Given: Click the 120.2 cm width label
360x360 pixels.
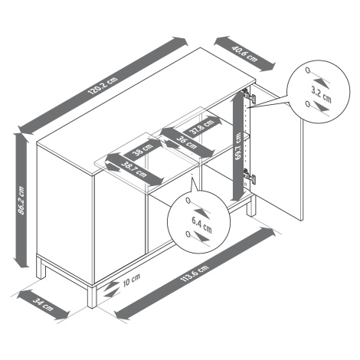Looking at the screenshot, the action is click(x=103, y=85).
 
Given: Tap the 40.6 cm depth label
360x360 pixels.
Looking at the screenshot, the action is click(x=244, y=54).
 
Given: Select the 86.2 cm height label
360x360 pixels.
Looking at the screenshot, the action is click(x=21, y=201).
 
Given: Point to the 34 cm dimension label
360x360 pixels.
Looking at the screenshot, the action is click(x=43, y=305).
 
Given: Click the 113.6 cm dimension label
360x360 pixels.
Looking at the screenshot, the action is click(x=195, y=273).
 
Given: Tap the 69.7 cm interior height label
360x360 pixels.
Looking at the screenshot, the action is click(x=238, y=146).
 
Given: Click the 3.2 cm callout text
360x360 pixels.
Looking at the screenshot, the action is click(x=321, y=94).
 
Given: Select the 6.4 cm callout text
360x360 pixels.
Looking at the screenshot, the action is click(x=201, y=224).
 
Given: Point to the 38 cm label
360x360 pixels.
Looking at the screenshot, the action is click(x=143, y=149).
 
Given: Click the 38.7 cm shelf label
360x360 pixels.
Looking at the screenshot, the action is click(x=135, y=169).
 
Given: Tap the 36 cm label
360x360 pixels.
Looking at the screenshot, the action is click(x=187, y=143).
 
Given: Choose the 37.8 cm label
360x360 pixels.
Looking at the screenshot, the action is click(x=201, y=127).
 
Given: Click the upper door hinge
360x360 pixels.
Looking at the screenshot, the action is click(x=249, y=96).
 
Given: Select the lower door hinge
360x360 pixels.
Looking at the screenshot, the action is click(x=249, y=175).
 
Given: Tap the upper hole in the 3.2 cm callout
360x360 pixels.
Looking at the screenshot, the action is click(x=308, y=70).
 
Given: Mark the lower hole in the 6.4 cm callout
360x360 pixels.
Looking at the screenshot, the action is click(x=188, y=234).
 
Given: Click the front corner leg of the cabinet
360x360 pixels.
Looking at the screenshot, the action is click(x=92, y=296).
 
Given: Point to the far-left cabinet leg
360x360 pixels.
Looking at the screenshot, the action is click(x=41, y=268).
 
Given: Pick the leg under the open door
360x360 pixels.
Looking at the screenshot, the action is click(x=251, y=206).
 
